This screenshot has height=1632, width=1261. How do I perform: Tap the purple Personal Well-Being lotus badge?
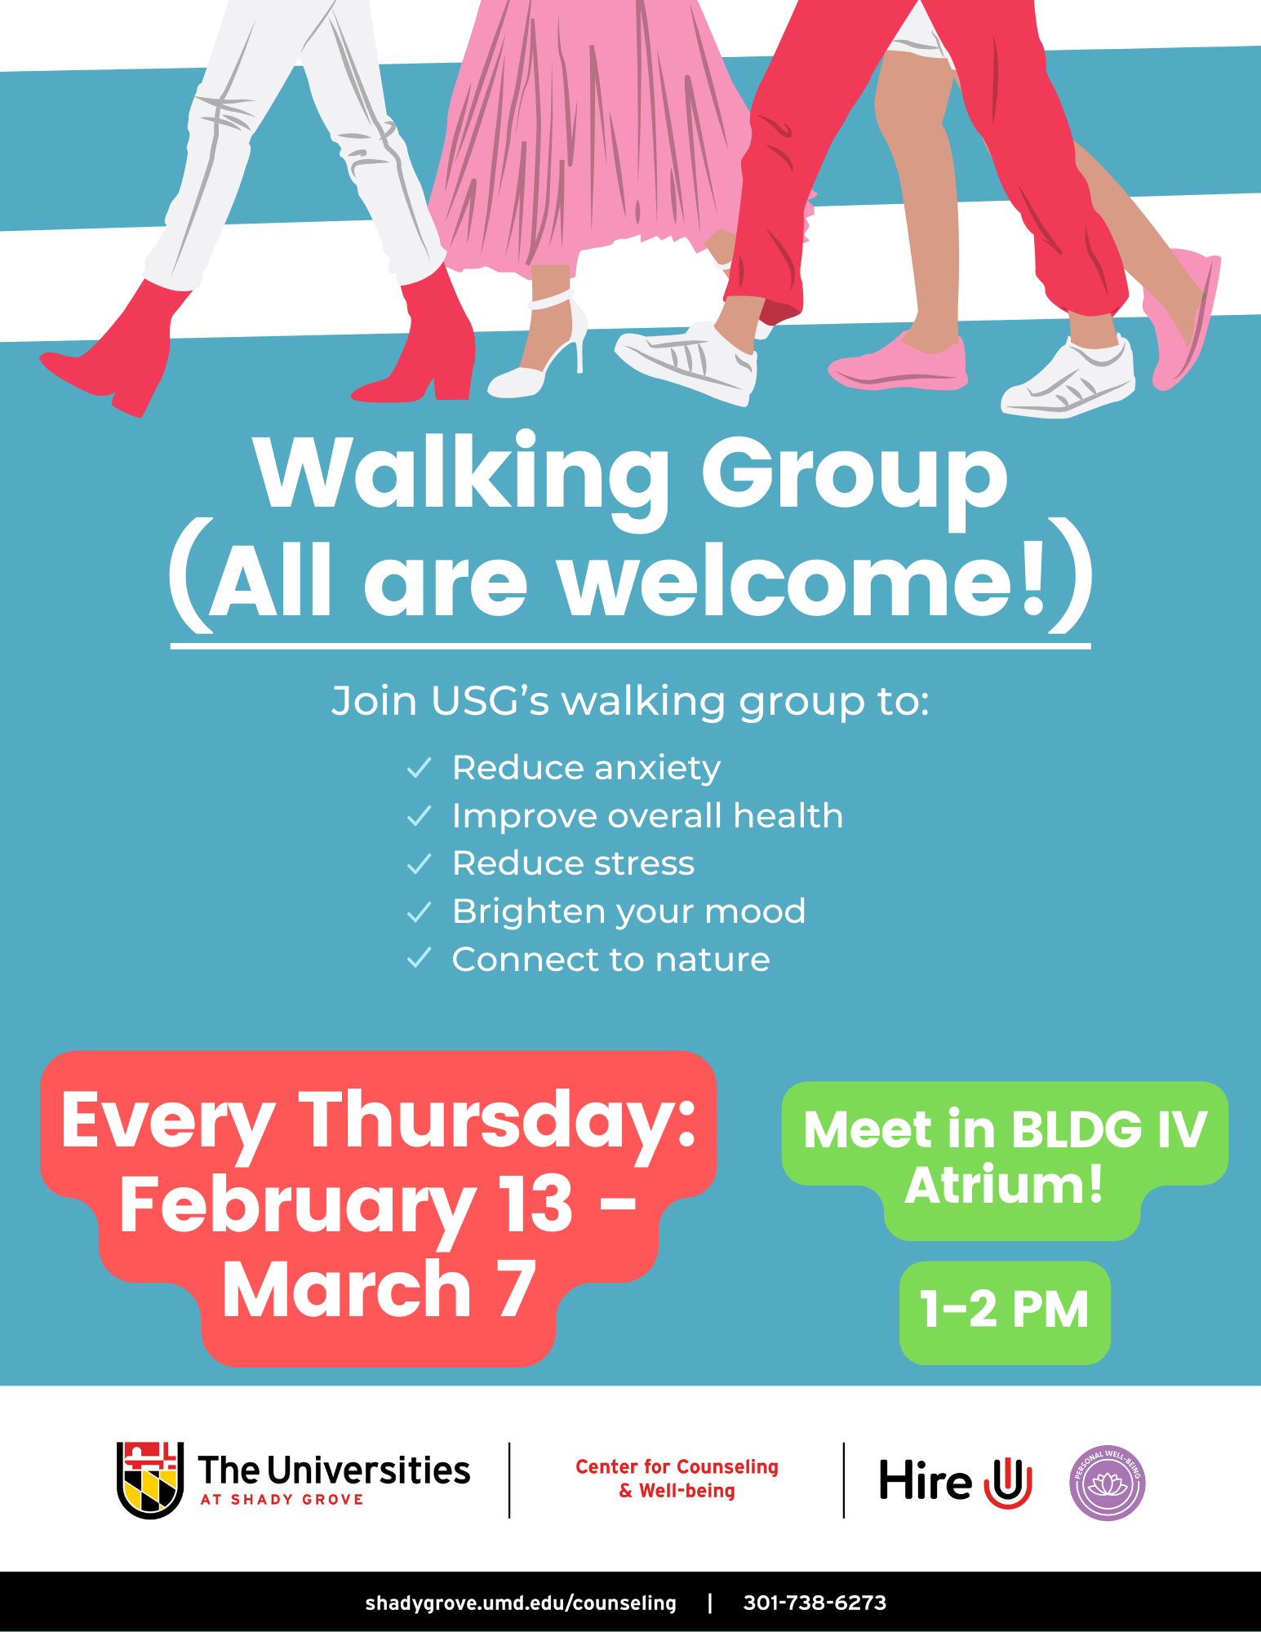click(x=1107, y=1483)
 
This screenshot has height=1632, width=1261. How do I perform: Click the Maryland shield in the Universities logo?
click(x=150, y=1480)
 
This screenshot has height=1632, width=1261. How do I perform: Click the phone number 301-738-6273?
click(x=815, y=1603)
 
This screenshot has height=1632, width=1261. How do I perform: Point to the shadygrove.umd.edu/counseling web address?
click(x=521, y=1603)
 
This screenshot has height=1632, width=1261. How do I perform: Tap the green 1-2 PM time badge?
click(x=1005, y=1311)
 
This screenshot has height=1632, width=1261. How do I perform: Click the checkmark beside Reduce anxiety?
click(x=419, y=768)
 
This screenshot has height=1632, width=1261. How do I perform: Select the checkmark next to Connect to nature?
click(x=419, y=958)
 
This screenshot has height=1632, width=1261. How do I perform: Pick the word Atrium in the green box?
click(x=1004, y=1185)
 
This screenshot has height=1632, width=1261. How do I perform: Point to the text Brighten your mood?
click(x=628, y=911)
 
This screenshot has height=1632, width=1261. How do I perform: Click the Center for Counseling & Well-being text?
click(x=677, y=1479)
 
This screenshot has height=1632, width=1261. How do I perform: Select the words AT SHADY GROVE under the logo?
click(x=282, y=1500)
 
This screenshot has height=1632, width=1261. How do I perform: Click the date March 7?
click(x=379, y=1289)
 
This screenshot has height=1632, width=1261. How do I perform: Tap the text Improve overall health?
click(x=647, y=816)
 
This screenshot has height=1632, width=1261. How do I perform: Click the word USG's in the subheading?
click(x=490, y=701)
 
